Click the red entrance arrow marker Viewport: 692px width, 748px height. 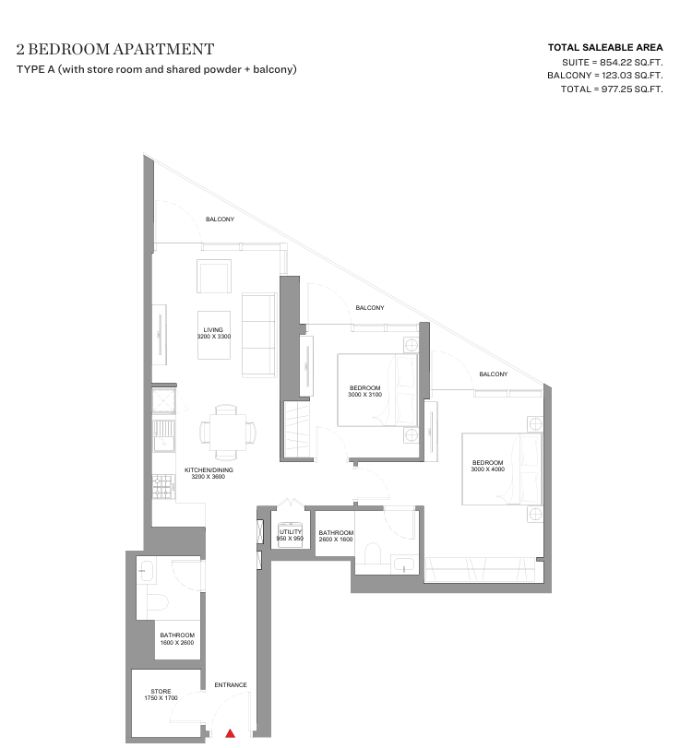230,733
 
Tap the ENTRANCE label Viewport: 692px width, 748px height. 231,685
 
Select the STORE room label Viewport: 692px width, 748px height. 161,691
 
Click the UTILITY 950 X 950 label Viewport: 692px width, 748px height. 290,535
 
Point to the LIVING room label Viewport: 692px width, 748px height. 213,329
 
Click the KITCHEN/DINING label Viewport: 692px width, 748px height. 209,469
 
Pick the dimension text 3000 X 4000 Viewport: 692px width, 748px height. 488,469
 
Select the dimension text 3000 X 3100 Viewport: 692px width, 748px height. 365,395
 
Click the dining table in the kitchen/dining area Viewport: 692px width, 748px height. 228,433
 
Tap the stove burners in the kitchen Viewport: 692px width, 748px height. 163,486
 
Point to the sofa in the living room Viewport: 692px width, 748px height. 258,336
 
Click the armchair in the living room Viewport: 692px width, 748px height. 214,276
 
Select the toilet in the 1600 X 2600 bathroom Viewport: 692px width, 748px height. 158,602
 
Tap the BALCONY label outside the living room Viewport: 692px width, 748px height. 220,219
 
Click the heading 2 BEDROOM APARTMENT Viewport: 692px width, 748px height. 115,49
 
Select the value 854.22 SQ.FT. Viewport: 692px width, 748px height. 631,62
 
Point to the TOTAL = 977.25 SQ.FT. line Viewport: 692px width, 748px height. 612,89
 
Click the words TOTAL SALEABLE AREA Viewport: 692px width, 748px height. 605,47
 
